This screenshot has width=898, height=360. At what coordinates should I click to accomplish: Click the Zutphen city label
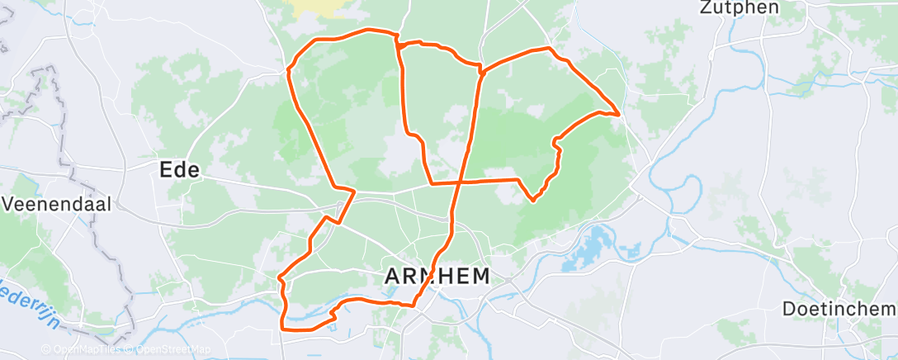click(739, 8)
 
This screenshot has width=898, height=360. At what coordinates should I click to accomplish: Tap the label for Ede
click(179, 171)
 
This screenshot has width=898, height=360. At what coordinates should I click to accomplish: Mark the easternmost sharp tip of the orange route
click(620, 114)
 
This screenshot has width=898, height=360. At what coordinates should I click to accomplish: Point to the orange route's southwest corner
click(283, 329)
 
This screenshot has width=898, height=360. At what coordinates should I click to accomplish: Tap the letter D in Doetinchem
click(788, 308)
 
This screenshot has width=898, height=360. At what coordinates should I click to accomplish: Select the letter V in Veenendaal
click(10, 204)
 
